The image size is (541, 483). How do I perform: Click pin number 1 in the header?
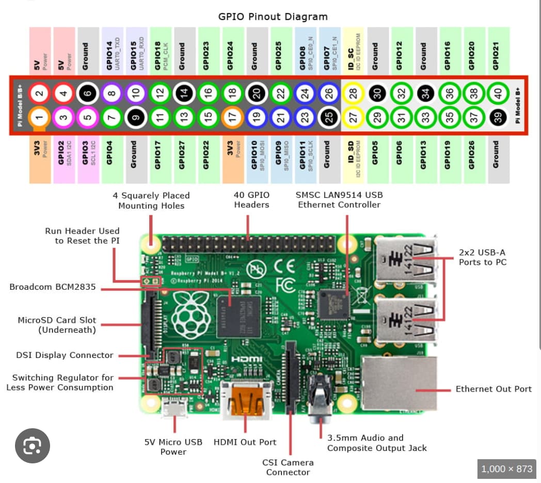39,117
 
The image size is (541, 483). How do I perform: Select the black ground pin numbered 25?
327,118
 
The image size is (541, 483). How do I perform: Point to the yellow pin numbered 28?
354,94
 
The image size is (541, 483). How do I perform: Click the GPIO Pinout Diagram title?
273,17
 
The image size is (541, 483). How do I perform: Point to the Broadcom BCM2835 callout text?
53,287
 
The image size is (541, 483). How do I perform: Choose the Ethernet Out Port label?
493,389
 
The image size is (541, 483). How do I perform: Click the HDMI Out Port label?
245,442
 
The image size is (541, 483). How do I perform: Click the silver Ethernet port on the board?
399,382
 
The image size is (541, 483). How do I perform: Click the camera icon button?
33,445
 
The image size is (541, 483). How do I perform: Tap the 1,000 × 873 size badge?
506,469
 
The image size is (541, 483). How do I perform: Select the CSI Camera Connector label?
288,467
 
